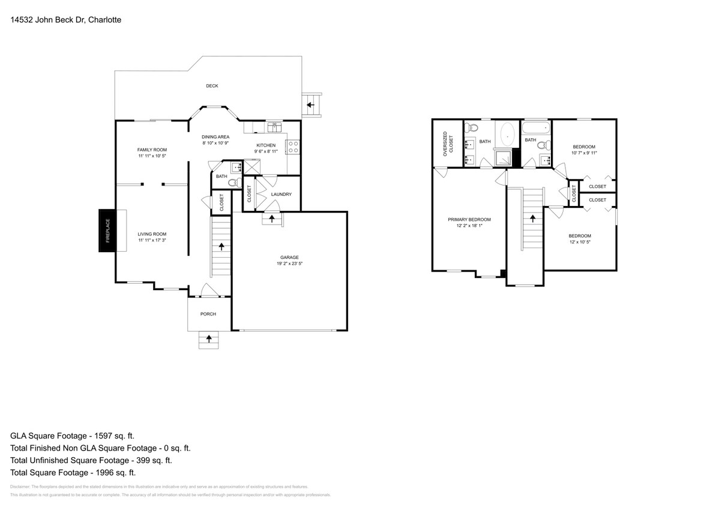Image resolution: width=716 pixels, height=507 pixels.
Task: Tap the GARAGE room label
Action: [x=289, y=257]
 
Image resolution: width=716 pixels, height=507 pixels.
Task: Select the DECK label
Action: [x=212, y=86]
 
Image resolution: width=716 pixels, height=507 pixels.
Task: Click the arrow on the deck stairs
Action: [x=311, y=105]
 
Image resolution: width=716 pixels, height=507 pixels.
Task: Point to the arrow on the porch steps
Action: [x=209, y=339]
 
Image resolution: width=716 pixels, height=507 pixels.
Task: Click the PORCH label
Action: [x=208, y=314]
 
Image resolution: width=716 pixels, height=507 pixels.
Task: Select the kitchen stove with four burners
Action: [x=293, y=147]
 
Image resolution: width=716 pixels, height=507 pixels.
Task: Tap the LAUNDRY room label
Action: [x=281, y=194]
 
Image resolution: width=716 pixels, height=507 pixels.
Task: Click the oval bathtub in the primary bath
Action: [x=508, y=134]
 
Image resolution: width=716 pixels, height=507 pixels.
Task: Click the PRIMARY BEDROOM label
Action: [x=469, y=219]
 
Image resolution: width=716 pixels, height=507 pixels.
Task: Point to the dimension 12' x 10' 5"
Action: [x=580, y=242]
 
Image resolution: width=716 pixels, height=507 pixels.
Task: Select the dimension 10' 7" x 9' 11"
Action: [x=584, y=153]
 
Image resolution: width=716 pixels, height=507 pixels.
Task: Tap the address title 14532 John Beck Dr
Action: [x=66, y=20]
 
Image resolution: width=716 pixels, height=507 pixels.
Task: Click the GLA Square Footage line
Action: [x=72, y=436]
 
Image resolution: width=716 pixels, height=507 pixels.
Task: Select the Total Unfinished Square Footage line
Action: [x=91, y=460]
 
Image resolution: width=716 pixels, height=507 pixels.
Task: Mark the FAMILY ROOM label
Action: [x=152, y=150]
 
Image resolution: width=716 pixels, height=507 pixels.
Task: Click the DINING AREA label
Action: [x=215, y=136]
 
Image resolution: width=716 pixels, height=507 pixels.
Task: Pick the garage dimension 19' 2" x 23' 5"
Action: [x=289, y=264]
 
